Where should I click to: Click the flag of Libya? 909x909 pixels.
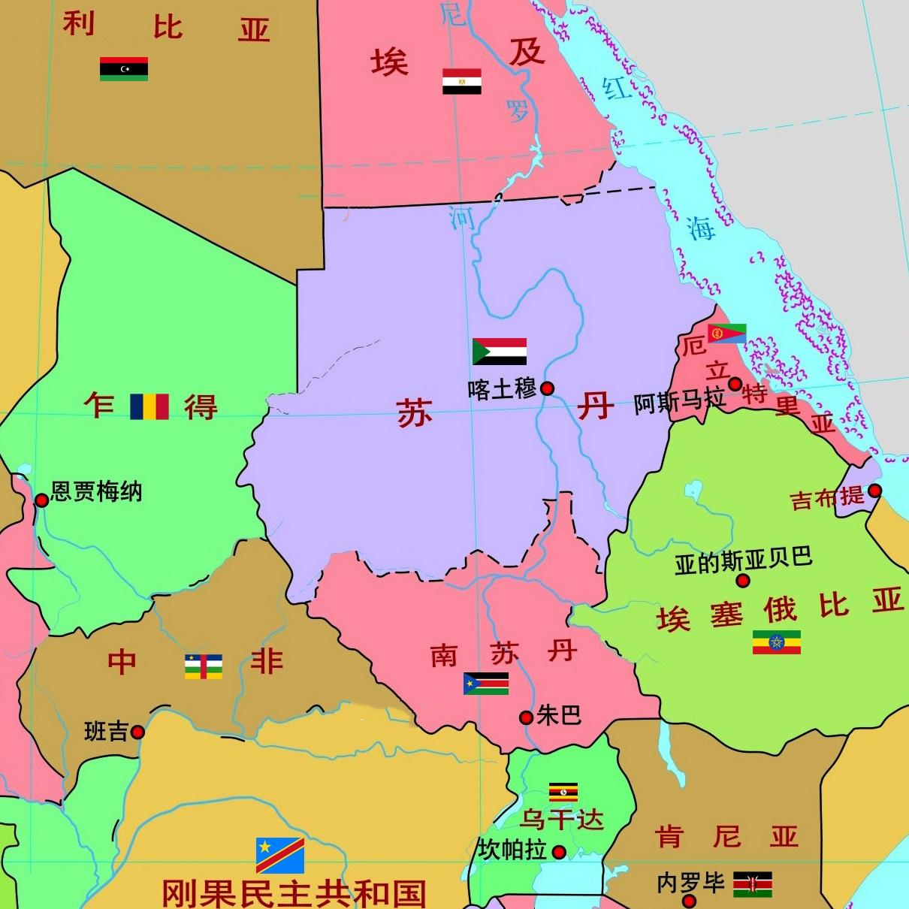tap(124, 68)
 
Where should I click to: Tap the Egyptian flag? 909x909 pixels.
tap(461, 81)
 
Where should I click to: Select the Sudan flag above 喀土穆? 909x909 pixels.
tap(500, 352)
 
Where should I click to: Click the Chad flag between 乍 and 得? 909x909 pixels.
tap(149, 406)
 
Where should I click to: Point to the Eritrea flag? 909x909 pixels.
tap(727, 333)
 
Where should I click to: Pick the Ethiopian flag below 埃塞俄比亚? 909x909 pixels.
tap(777, 642)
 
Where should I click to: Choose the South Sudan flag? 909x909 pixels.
tap(486, 683)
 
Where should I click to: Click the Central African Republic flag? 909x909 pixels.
tap(203, 666)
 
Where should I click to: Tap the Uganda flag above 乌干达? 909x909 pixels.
tap(563, 792)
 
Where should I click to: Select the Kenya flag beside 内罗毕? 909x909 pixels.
tap(753, 884)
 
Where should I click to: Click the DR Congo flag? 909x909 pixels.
tap(279, 854)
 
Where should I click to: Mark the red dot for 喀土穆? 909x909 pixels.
tap(548, 388)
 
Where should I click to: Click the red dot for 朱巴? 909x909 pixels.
tap(527, 717)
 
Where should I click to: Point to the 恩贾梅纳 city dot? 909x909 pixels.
tap(41, 500)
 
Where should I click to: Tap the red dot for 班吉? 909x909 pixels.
tap(137, 732)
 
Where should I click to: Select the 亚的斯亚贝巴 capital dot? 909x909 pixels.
tap(743, 581)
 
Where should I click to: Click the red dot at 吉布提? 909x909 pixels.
tap(874, 491)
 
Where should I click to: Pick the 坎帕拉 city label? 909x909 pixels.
tap(512, 850)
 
